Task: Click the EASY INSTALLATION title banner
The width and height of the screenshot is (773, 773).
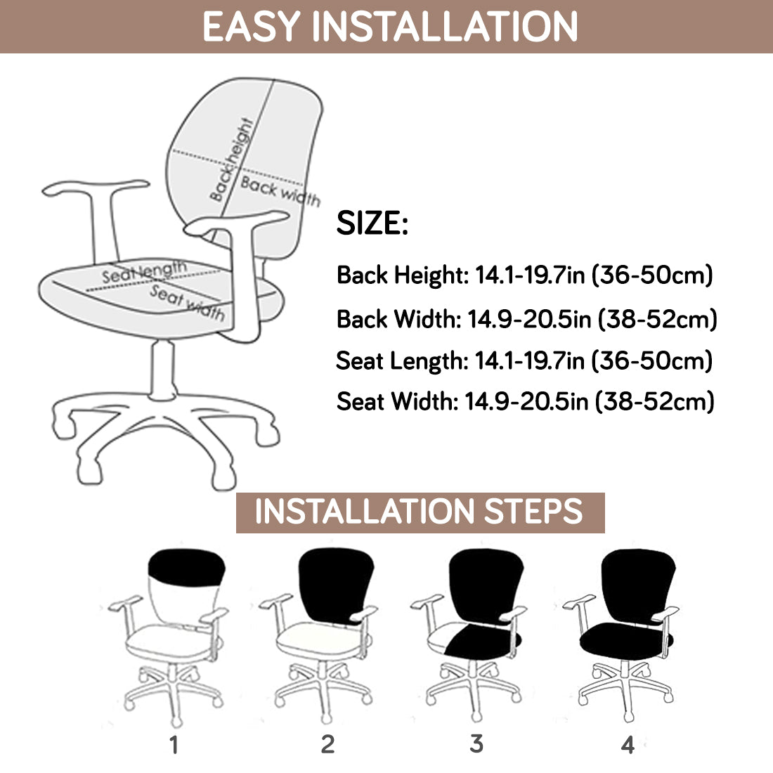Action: tap(389, 26)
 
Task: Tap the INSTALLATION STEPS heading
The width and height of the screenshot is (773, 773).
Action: tap(420, 512)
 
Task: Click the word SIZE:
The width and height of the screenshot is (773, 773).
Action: tap(372, 223)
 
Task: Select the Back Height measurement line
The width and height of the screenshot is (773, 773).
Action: tap(524, 275)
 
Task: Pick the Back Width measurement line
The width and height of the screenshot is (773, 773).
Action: tap(526, 319)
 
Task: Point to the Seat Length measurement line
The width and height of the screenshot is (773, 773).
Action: tap(524, 360)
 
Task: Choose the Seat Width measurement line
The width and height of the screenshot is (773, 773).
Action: tap(525, 402)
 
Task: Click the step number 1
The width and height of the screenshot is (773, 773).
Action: tap(174, 744)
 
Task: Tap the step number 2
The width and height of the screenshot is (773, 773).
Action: tap(327, 744)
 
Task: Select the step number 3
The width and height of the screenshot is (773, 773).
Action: tap(476, 743)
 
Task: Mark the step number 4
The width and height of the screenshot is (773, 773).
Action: tap(628, 744)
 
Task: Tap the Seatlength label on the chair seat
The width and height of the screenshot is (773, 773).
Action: tap(144, 272)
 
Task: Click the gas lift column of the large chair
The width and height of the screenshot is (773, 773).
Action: tap(164, 369)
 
